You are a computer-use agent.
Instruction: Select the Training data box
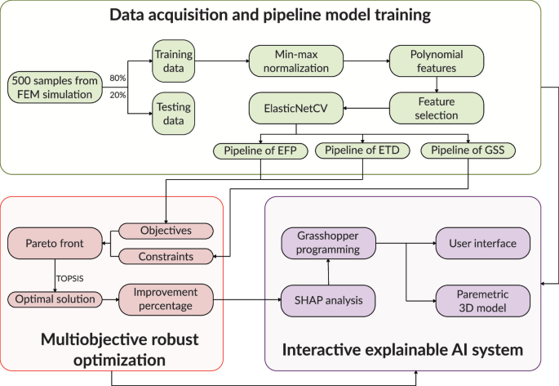click(172, 60)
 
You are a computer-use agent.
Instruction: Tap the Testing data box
click(172, 114)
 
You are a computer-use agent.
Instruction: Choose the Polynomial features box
click(437, 60)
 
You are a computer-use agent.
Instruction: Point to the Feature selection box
click(437, 107)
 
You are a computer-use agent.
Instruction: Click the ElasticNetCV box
click(297, 107)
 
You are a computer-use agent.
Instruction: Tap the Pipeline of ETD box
click(362, 150)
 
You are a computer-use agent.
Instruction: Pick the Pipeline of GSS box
click(468, 150)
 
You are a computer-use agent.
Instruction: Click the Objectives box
click(166, 231)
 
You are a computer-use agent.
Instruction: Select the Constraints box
click(166, 257)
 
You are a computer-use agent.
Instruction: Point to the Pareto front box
click(55, 244)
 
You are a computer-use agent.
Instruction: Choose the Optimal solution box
click(55, 299)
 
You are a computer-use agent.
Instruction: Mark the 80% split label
click(117, 78)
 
